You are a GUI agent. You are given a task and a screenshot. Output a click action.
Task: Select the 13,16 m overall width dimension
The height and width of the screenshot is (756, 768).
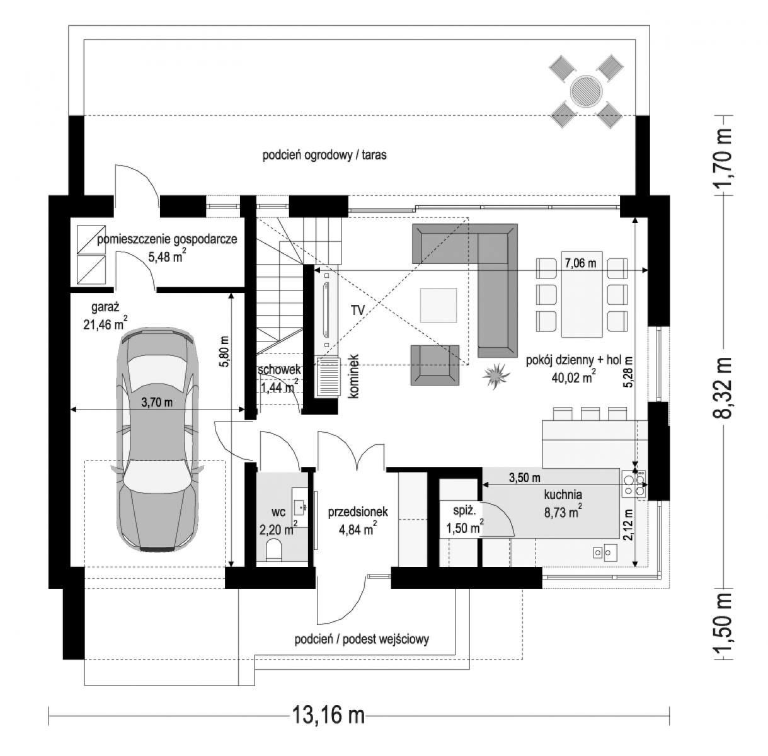[x=328, y=714]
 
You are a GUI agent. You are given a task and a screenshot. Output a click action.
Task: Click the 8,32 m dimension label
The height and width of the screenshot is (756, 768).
[x=723, y=387]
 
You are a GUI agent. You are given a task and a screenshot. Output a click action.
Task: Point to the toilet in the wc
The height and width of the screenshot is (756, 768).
[x=273, y=550]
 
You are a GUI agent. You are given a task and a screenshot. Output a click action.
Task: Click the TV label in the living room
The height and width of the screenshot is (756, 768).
[x=357, y=311]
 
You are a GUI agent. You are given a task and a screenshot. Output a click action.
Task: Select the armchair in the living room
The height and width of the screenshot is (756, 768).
[x=435, y=365]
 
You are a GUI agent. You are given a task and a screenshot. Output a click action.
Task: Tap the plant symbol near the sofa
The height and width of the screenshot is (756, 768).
[x=496, y=375]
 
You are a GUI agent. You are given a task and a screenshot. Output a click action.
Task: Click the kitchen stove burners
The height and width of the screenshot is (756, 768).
[x=634, y=484]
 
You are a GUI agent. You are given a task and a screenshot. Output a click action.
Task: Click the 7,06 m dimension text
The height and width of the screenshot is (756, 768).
[x=580, y=263]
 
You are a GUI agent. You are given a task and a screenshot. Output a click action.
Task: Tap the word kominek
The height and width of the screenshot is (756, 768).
[x=353, y=376]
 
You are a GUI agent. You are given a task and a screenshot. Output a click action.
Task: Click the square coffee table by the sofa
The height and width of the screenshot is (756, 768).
[x=438, y=305]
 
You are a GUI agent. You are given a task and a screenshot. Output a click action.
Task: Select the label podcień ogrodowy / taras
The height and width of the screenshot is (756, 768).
[x=324, y=155]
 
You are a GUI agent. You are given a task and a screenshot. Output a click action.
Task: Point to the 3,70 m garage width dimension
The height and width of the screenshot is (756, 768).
[x=157, y=403]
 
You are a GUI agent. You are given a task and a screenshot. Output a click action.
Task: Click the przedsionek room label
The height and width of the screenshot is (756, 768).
[x=357, y=512]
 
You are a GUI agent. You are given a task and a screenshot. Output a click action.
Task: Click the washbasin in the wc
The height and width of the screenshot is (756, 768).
[x=300, y=507]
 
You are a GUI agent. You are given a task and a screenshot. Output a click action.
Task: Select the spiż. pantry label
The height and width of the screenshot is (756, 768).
[x=464, y=510]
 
